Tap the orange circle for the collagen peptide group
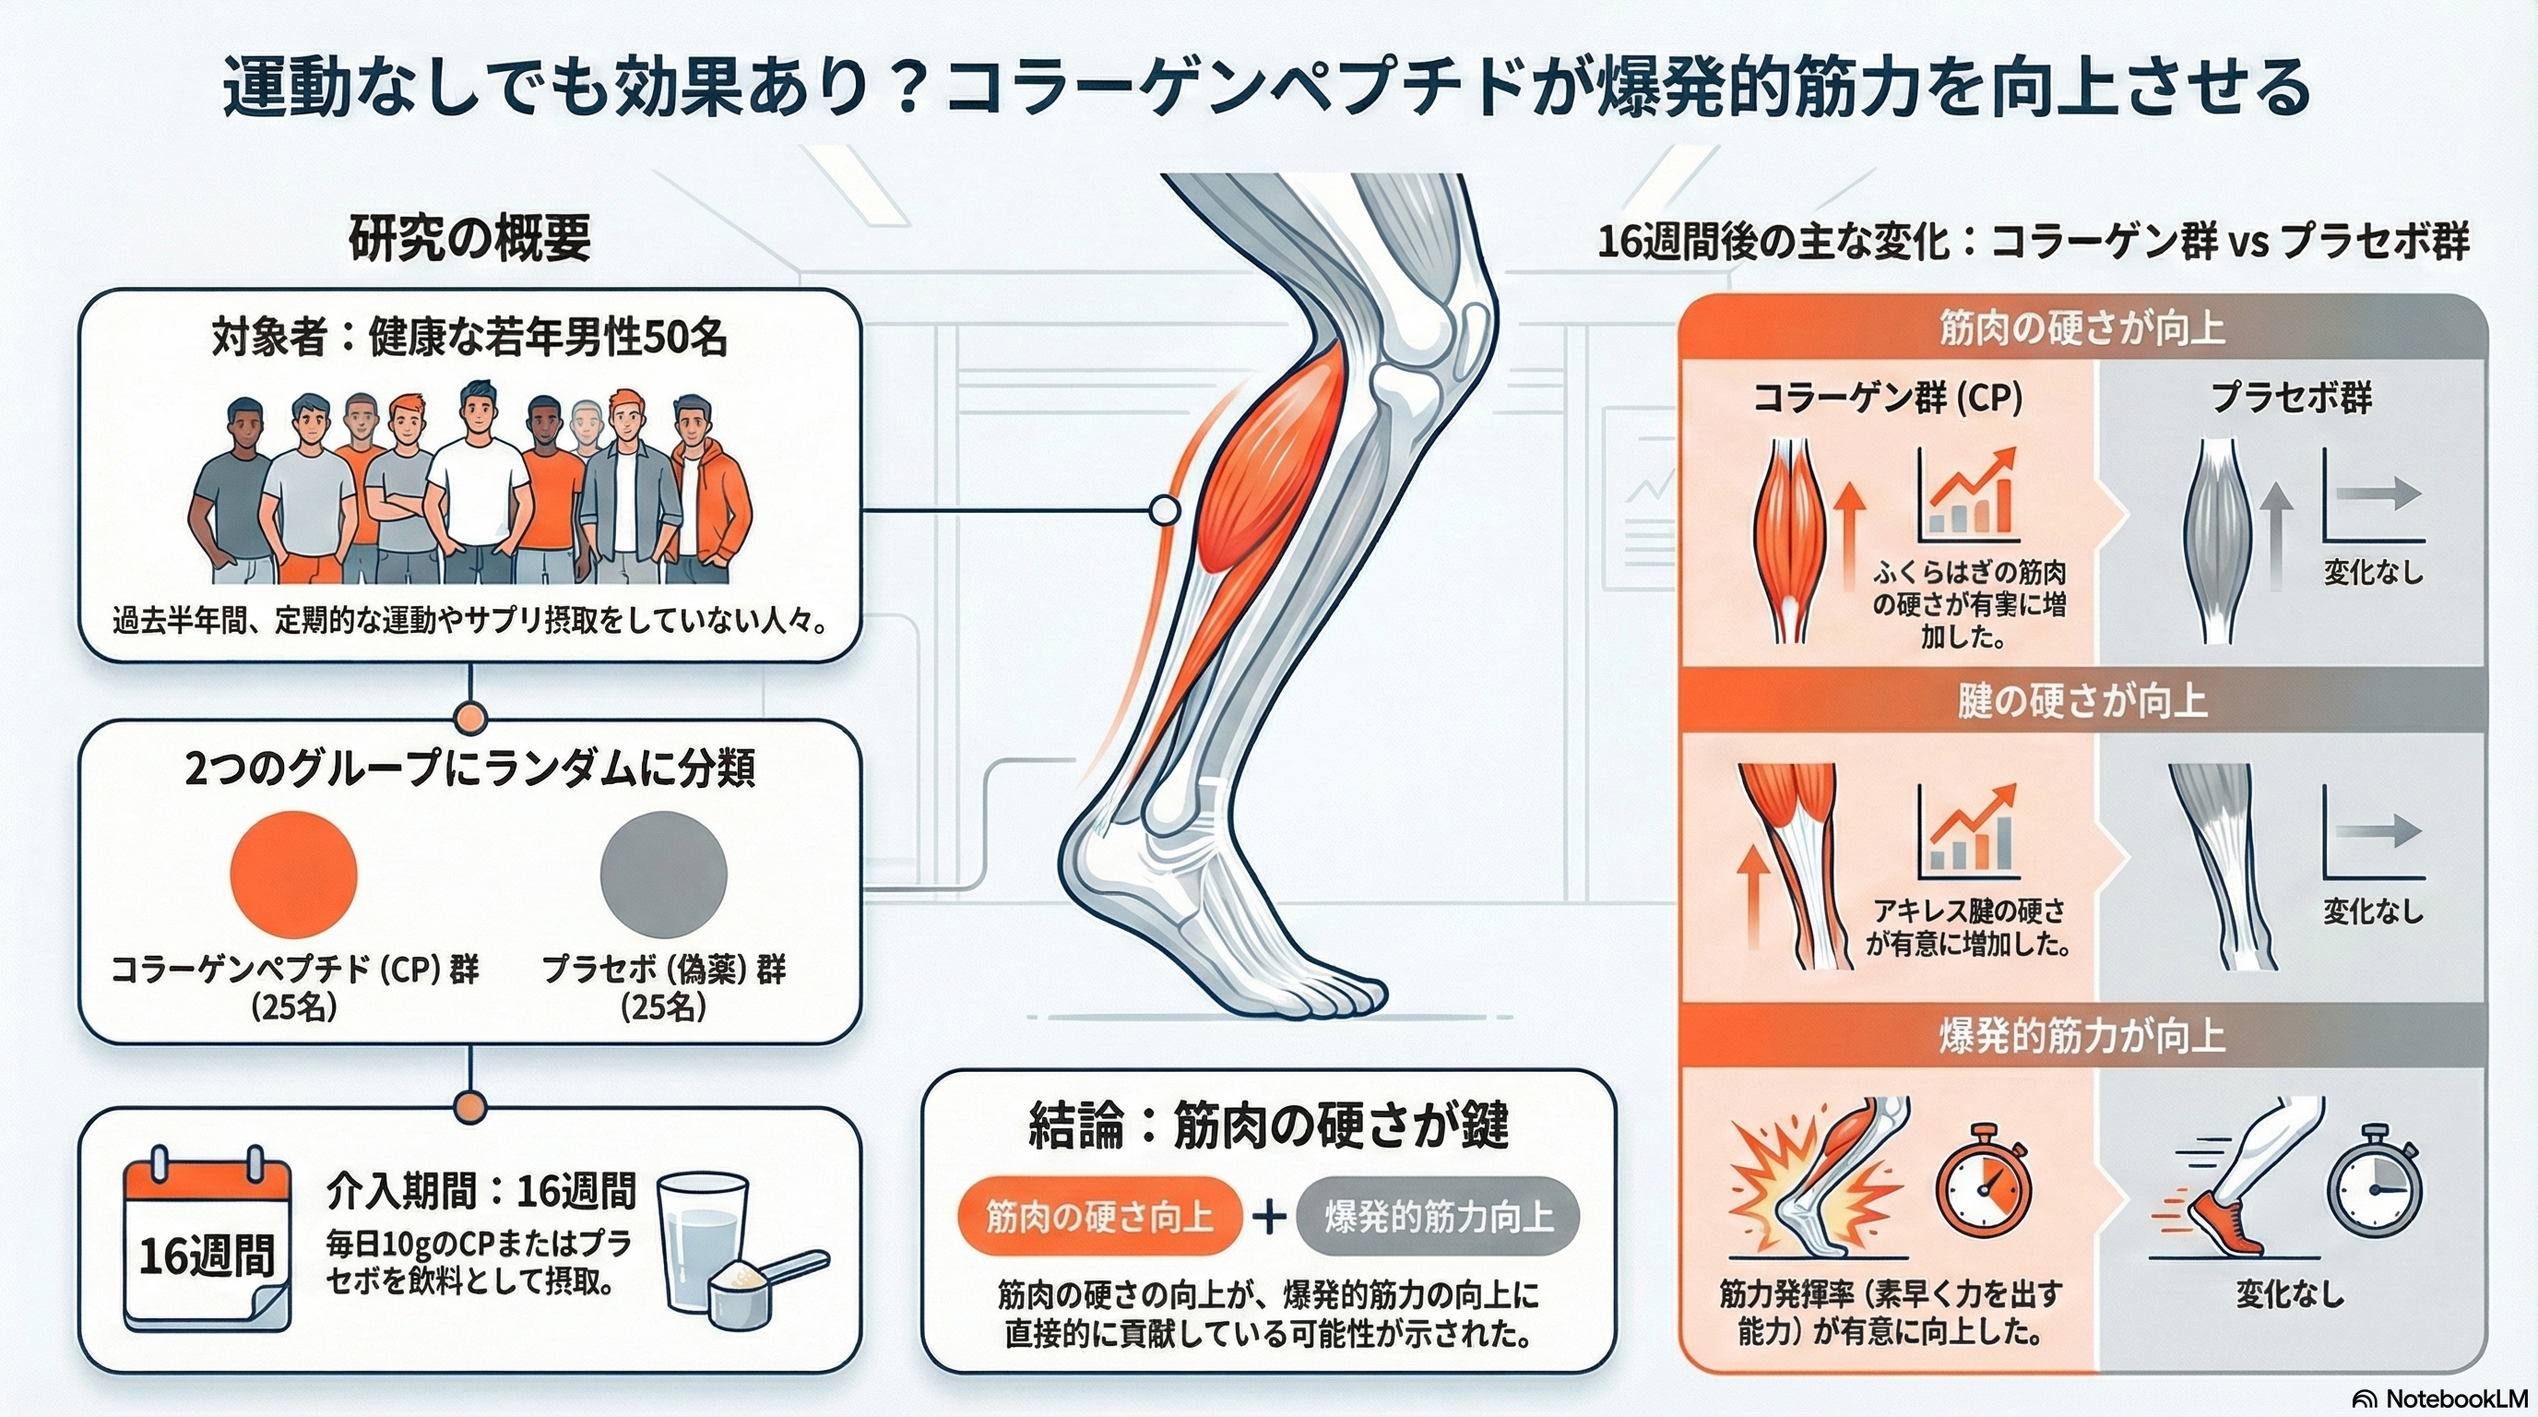292,873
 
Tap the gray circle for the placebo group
663,873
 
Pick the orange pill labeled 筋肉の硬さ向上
1098,1217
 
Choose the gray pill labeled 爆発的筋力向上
1438,1217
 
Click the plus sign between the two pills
1269,1217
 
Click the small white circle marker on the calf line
1165,510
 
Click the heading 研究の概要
470,240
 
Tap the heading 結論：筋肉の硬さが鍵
1268,1125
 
